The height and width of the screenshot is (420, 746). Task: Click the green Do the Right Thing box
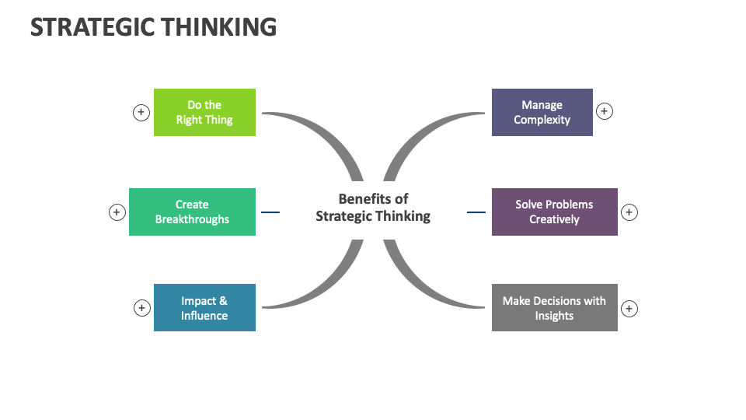tap(204, 112)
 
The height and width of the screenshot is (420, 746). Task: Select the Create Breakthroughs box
tap(192, 212)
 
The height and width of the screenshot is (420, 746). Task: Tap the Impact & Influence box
tap(204, 307)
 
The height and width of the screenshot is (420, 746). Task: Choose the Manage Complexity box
tap(542, 112)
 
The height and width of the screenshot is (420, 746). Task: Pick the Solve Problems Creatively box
tap(554, 212)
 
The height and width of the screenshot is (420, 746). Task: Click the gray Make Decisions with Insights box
tap(554, 307)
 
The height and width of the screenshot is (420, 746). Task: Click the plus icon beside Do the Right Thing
tap(141, 112)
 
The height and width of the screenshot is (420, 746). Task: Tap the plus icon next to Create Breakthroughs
tap(117, 212)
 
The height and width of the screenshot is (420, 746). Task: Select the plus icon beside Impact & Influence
tap(141, 308)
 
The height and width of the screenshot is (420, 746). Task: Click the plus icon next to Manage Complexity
tap(605, 111)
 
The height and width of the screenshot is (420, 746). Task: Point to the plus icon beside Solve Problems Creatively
tap(629, 212)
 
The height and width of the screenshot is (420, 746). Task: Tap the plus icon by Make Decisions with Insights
tap(629, 309)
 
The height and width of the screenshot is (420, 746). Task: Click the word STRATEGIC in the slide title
tap(92, 27)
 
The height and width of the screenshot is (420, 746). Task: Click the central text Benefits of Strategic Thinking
tap(373, 208)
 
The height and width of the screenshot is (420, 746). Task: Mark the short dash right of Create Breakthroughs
tap(270, 212)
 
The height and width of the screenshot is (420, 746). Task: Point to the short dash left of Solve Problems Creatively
tap(476, 212)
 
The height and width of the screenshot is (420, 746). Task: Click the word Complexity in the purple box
tap(542, 120)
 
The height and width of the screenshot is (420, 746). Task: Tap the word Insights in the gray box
tap(554, 316)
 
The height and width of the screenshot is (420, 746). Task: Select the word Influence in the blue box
tap(204, 316)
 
